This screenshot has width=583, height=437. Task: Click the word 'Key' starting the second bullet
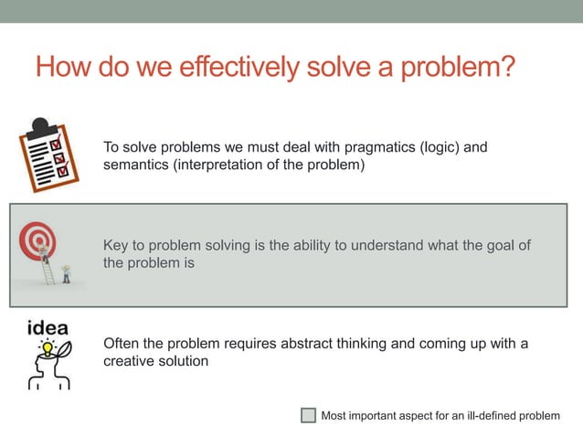tap(116, 245)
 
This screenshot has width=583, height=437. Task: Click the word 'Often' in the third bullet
tap(122, 344)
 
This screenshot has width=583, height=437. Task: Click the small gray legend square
tap(308, 416)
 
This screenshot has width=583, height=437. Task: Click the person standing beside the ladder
tap(66, 273)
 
